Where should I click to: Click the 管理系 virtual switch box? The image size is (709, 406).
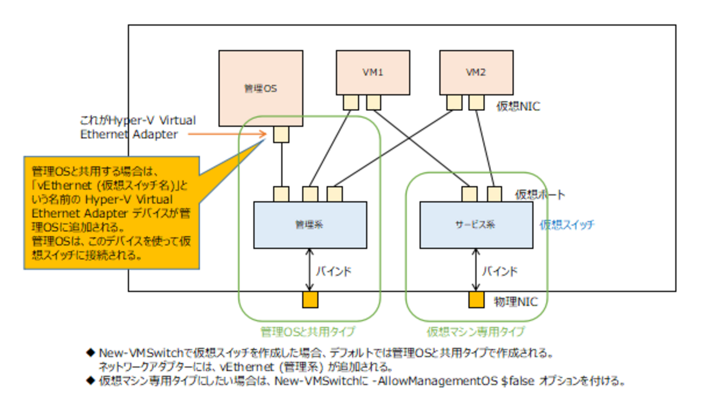310,225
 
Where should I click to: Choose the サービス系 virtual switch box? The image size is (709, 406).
476,225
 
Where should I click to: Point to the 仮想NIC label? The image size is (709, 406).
518,106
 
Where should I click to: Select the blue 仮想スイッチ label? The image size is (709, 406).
567,224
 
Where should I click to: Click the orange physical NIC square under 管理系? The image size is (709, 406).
310,300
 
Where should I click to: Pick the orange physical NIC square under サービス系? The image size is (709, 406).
476,300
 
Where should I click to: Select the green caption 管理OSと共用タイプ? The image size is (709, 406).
308,331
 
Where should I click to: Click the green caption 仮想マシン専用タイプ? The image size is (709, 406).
475,331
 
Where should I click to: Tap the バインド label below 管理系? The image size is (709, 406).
333,271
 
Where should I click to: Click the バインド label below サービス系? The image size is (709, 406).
500,271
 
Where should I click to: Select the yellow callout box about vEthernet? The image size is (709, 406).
109,213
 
